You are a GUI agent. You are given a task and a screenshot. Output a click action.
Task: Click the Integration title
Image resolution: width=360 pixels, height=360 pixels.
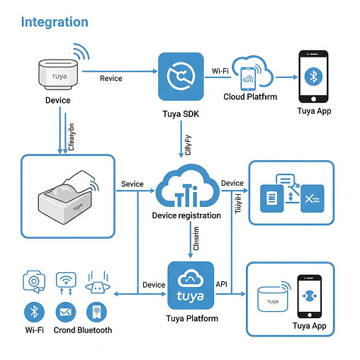coord(55,22)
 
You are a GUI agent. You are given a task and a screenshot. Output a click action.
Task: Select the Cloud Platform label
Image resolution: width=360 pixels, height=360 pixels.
coord(250,96)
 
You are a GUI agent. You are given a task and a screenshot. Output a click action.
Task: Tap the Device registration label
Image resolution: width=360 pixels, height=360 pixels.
coord(187,215)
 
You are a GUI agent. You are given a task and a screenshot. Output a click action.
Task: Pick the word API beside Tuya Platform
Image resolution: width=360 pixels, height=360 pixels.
coord(221,284)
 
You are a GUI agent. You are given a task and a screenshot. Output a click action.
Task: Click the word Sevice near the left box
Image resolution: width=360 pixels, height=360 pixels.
coord(132,184)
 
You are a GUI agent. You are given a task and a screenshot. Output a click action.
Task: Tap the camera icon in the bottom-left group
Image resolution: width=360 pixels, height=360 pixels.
coord(33,281)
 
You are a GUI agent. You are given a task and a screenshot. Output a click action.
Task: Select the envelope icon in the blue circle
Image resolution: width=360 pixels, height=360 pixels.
coord(66,312)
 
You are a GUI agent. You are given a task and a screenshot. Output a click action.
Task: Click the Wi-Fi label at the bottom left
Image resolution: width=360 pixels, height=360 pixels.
coord(35,330)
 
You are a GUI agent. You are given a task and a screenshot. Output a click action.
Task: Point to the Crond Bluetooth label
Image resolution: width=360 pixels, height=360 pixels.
coord(84,330)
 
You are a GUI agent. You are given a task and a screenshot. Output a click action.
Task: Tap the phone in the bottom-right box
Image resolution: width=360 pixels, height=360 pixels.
coord(309,296)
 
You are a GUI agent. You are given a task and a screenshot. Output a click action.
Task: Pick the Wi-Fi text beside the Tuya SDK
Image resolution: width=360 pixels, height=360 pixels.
coord(220,71)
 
